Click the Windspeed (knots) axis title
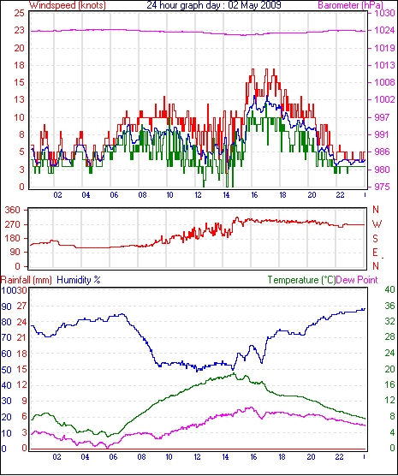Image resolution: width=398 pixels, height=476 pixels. click(x=68, y=5)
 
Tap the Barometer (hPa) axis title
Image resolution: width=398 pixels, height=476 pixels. click(x=350, y=5)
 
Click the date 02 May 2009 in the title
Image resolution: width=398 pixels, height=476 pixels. click(x=255, y=5)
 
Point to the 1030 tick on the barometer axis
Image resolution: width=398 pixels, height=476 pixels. click(x=384, y=14)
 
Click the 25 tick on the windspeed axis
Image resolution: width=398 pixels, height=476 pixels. click(x=19, y=14)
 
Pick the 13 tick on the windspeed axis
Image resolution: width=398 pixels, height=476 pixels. click(x=19, y=99)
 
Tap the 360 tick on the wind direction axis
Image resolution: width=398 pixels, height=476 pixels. click(x=13, y=210)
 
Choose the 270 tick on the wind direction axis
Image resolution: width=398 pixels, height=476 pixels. click(x=13, y=224)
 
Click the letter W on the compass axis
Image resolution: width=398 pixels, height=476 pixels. click(x=377, y=224)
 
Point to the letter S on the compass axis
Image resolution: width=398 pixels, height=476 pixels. click(x=376, y=239)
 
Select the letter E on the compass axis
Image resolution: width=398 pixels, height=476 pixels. click(x=376, y=253)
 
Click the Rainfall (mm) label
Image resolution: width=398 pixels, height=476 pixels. click(x=27, y=280)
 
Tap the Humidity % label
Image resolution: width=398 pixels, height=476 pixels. click(x=79, y=280)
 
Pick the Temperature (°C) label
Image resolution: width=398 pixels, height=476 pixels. click(x=301, y=280)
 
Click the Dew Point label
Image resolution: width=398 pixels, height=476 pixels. click(x=357, y=280)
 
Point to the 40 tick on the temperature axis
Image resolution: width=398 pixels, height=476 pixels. click(x=389, y=289)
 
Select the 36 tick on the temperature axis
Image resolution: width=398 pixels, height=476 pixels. click(x=389, y=306)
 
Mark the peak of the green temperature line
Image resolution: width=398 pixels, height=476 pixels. click(x=234, y=373)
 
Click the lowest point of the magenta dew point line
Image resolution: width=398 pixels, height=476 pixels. click(x=107, y=448)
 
